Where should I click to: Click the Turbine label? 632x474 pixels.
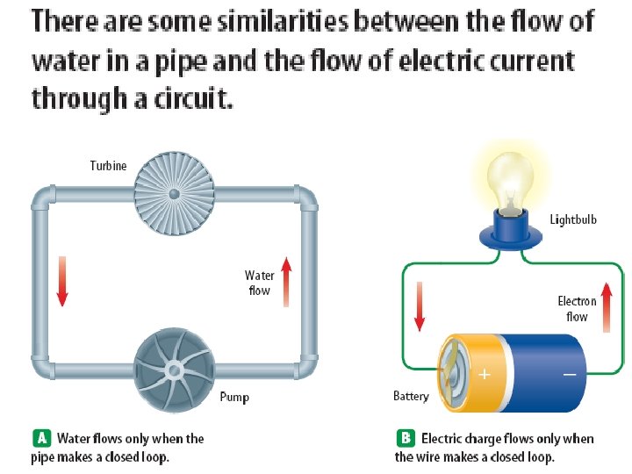(108, 166)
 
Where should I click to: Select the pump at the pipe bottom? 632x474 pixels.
(173, 370)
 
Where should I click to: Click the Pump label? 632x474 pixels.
(234, 397)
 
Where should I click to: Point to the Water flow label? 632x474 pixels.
(260, 283)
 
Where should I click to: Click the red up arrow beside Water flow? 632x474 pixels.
(285, 282)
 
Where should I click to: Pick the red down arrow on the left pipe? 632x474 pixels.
(61, 281)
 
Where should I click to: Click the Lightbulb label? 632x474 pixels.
(573, 219)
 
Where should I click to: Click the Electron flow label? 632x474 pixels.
(577, 308)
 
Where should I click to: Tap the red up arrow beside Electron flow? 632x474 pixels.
(607, 307)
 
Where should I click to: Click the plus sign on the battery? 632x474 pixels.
(483, 374)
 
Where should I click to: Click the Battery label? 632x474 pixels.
(411, 397)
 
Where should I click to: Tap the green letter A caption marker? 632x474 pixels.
(40, 438)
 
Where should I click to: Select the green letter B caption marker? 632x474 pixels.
(405, 438)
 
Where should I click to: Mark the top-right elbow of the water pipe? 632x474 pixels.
(306, 197)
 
